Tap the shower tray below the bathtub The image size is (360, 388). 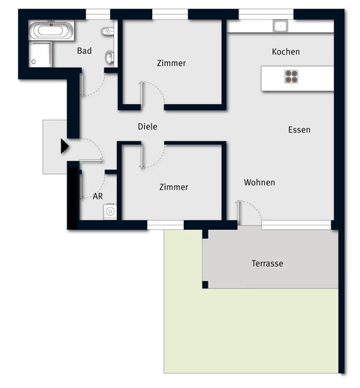(40, 55)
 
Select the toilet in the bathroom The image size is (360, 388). (108, 32)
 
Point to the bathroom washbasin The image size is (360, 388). (110, 57)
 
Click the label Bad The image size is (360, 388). (85, 51)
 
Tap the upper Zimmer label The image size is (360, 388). (172, 63)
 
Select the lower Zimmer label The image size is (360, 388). (173, 187)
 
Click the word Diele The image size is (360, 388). (148, 127)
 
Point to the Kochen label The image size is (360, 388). (286, 52)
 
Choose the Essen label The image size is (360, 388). (298, 130)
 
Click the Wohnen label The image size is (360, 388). (259, 182)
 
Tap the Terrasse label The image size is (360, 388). (267, 264)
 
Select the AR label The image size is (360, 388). (97, 196)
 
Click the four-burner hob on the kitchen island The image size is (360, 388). (292, 76)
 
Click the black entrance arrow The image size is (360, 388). (64, 146)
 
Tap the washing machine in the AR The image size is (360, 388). (111, 212)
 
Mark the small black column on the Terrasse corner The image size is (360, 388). (205, 285)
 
